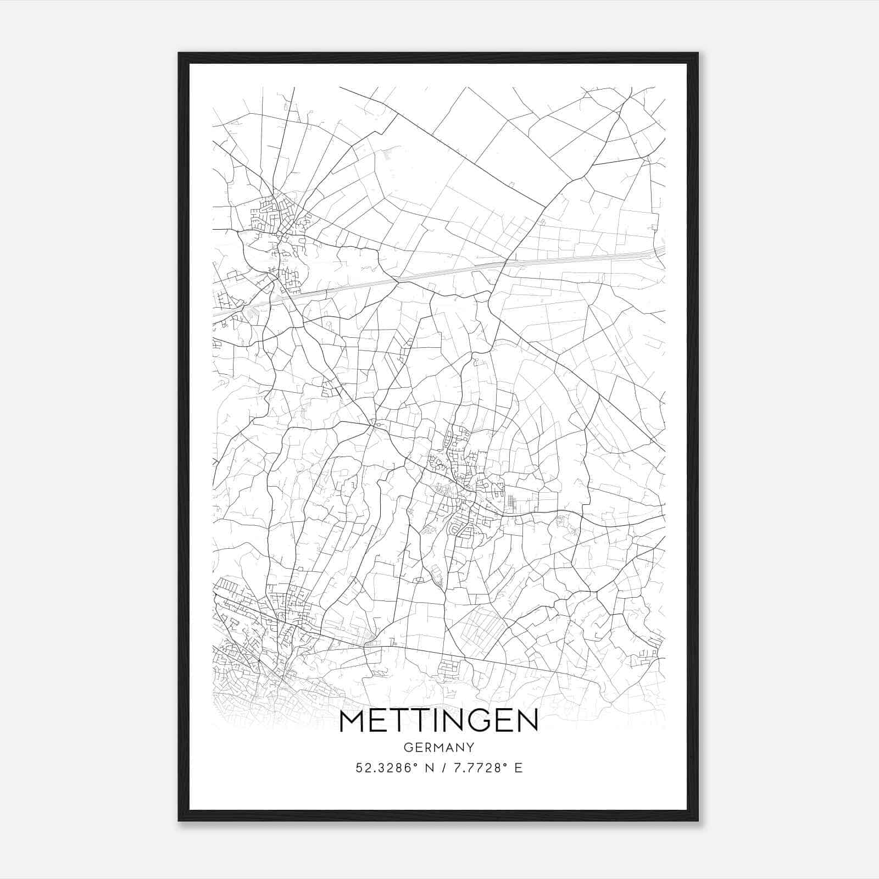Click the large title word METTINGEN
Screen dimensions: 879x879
pos(439,722)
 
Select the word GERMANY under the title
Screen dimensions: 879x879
pos(439,747)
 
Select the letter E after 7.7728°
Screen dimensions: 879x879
pos(518,768)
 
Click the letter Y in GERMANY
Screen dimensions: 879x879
pos(470,747)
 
